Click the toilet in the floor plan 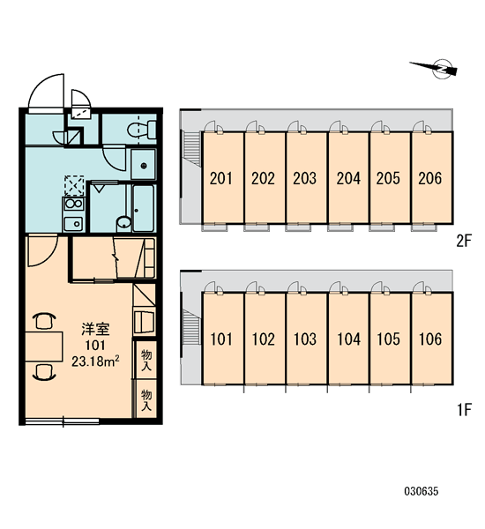(x=142, y=130)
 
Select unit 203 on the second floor (x=307, y=178)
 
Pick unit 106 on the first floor (x=432, y=339)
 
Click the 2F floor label (x=464, y=241)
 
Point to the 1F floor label (x=464, y=410)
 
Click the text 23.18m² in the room (x=95, y=361)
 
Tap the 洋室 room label (x=95, y=329)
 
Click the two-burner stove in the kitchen (x=73, y=205)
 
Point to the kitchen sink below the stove (x=73, y=223)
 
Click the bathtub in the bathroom (x=143, y=208)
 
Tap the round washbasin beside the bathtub (x=123, y=223)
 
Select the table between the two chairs (x=44, y=346)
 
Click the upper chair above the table (x=44, y=321)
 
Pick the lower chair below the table (x=44, y=372)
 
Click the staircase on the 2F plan (x=191, y=148)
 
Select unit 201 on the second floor (x=223, y=178)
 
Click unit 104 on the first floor (x=348, y=339)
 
